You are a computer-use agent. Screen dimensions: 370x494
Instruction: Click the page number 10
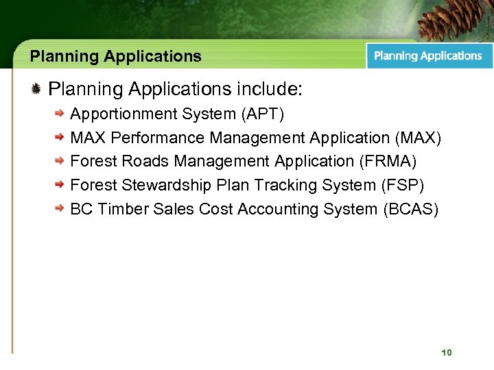tap(447, 352)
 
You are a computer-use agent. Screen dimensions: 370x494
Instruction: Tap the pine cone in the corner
tap(453, 18)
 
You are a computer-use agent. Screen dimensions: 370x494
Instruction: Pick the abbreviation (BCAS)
tap(410, 209)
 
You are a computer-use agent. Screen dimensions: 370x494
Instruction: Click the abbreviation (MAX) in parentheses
tap(419, 138)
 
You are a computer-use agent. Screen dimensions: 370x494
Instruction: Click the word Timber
tap(121, 209)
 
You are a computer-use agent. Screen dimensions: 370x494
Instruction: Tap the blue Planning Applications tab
tap(428, 56)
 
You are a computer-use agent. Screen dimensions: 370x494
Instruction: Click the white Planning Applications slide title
tap(116, 56)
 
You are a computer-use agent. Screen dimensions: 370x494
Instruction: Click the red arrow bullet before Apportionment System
tap(61, 114)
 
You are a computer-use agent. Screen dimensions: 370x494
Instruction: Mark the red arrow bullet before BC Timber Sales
tap(61, 209)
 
